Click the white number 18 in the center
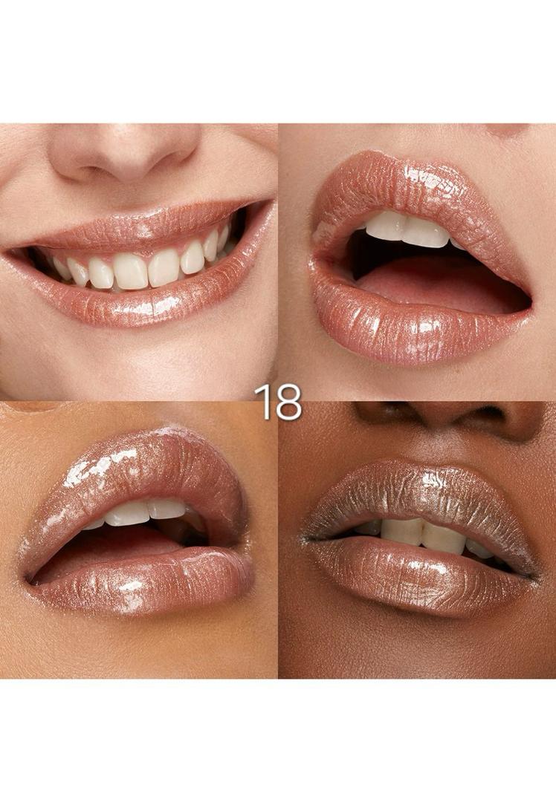tap(278, 402)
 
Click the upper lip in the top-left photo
tap(138, 226)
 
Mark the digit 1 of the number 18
tap(262, 402)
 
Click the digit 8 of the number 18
tap(288, 402)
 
